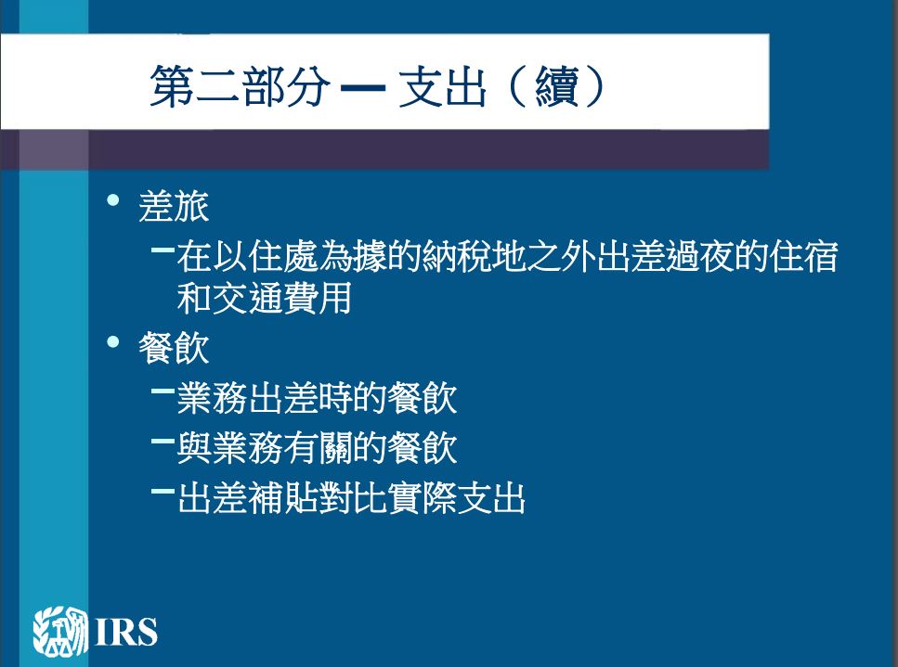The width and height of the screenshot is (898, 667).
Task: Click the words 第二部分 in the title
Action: (240, 85)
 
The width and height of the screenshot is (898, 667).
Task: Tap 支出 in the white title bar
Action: (442, 85)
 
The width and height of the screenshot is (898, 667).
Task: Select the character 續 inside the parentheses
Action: (556, 85)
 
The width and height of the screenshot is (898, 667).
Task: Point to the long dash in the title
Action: (362, 87)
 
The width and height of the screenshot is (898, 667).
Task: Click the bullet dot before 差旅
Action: (113, 200)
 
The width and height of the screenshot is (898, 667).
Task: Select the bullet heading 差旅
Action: (174, 206)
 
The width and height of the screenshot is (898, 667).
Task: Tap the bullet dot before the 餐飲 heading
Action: (113, 342)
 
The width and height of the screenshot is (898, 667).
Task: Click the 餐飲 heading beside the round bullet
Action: (174, 348)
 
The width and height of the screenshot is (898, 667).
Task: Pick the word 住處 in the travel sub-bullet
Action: (282, 256)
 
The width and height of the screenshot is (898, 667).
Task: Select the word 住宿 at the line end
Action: (804, 256)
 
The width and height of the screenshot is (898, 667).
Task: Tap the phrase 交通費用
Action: (281, 299)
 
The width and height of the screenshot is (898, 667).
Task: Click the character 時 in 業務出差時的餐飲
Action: (335, 398)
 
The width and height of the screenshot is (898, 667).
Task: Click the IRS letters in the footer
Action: (126, 632)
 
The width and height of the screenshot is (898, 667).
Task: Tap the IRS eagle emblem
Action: (60, 631)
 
